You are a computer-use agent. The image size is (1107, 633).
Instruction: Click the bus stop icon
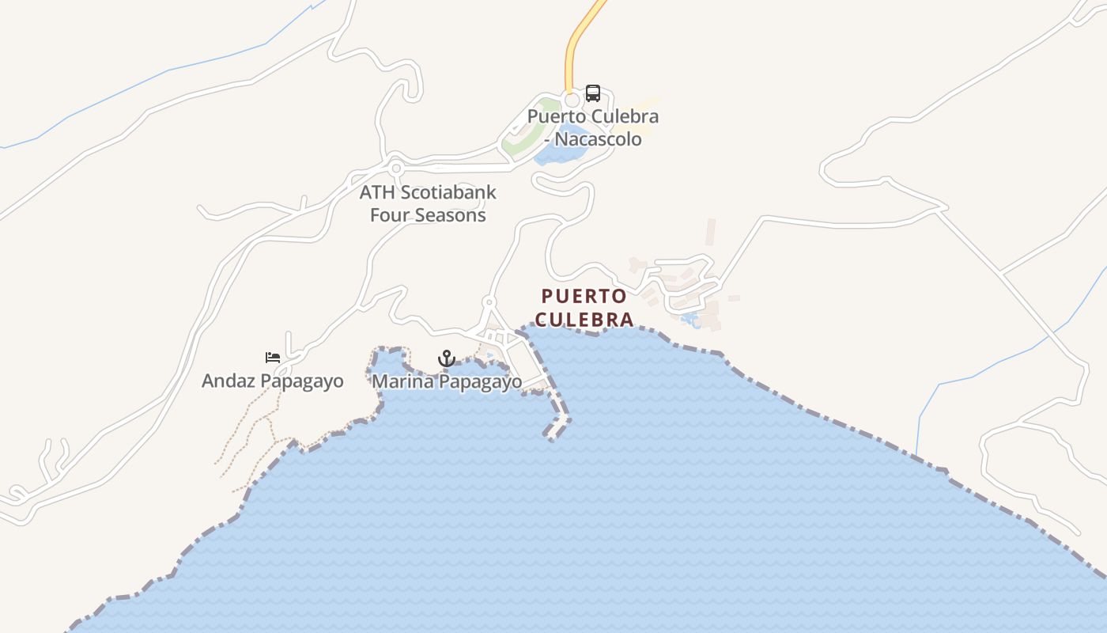(x=592, y=93)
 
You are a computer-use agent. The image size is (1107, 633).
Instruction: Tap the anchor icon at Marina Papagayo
(x=447, y=358)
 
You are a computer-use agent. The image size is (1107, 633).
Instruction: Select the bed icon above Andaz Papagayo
(x=273, y=358)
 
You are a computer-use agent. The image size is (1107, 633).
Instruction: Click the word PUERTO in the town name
(x=584, y=297)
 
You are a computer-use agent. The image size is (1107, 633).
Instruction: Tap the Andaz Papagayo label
(x=273, y=381)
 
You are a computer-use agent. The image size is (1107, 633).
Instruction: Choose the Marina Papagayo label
(x=447, y=382)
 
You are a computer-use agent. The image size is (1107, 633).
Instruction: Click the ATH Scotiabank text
(x=428, y=192)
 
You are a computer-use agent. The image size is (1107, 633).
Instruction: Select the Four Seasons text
(x=428, y=215)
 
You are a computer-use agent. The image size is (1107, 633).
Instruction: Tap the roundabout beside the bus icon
(x=572, y=100)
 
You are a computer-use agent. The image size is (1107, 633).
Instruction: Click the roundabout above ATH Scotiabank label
(x=395, y=168)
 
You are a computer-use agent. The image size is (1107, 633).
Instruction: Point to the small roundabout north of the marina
(x=489, y=302)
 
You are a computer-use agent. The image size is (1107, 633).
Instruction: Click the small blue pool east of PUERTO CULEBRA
(x=690, y=320)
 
